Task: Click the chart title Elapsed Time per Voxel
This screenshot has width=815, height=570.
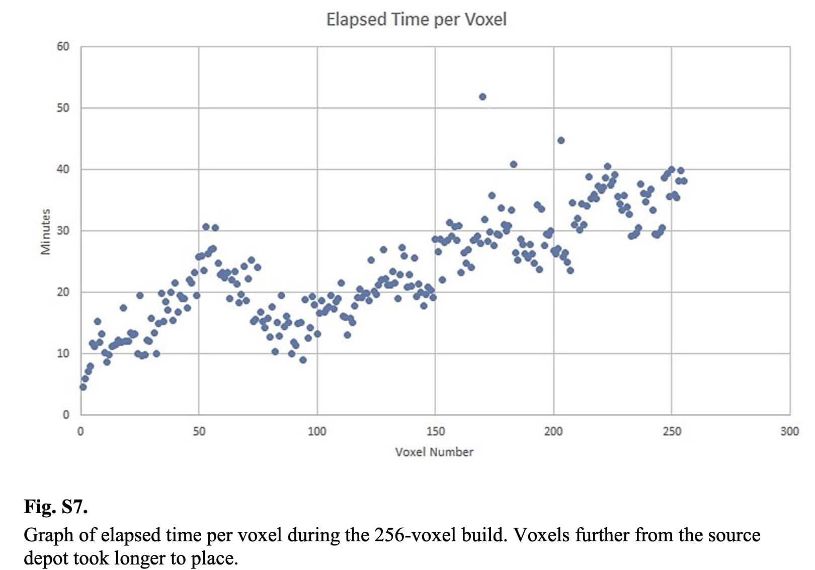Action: [x=416, y=20]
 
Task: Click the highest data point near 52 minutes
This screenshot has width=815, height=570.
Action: [x=482, y=97]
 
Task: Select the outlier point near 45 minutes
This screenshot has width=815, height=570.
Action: [x=561, y=140]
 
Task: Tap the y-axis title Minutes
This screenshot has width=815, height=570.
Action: [x=46, y=231]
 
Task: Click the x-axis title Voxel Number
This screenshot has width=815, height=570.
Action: [x=434, y=452]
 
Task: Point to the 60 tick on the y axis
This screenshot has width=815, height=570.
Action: [x=63, y=46]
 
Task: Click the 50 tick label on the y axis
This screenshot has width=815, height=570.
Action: [x=63, y=108]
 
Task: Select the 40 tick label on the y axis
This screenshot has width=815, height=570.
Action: [x=63, y=169]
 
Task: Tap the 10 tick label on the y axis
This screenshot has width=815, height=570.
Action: [x=63, y=353]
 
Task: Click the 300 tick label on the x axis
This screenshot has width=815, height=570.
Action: [x=789, y=431]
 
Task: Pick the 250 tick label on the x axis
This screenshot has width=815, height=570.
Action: [x=672, y=431]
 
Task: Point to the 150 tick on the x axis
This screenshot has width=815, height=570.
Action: [x=436, y=431]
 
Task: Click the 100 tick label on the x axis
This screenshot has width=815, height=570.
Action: [x=317, y=431]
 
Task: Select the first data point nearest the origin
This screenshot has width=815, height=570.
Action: [x=83, y=387]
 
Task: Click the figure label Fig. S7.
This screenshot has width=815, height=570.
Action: [x=56, y=506]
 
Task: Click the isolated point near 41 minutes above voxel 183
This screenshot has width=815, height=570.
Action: [x=513, y=165]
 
